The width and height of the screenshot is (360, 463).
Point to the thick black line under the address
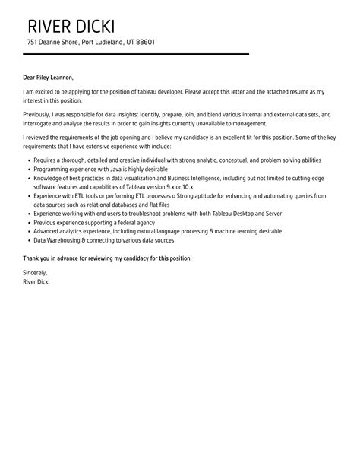136,54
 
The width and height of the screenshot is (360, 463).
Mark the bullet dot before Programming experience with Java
28,169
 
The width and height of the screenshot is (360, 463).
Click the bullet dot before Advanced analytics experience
28,231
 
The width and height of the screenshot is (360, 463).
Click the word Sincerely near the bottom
36,272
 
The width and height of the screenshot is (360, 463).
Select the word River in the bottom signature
31,281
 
